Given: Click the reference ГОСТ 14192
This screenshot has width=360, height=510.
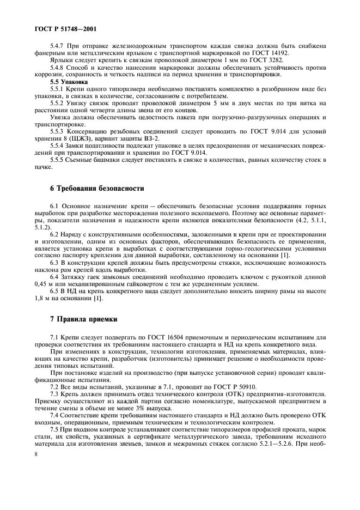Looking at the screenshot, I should click(286, 53).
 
